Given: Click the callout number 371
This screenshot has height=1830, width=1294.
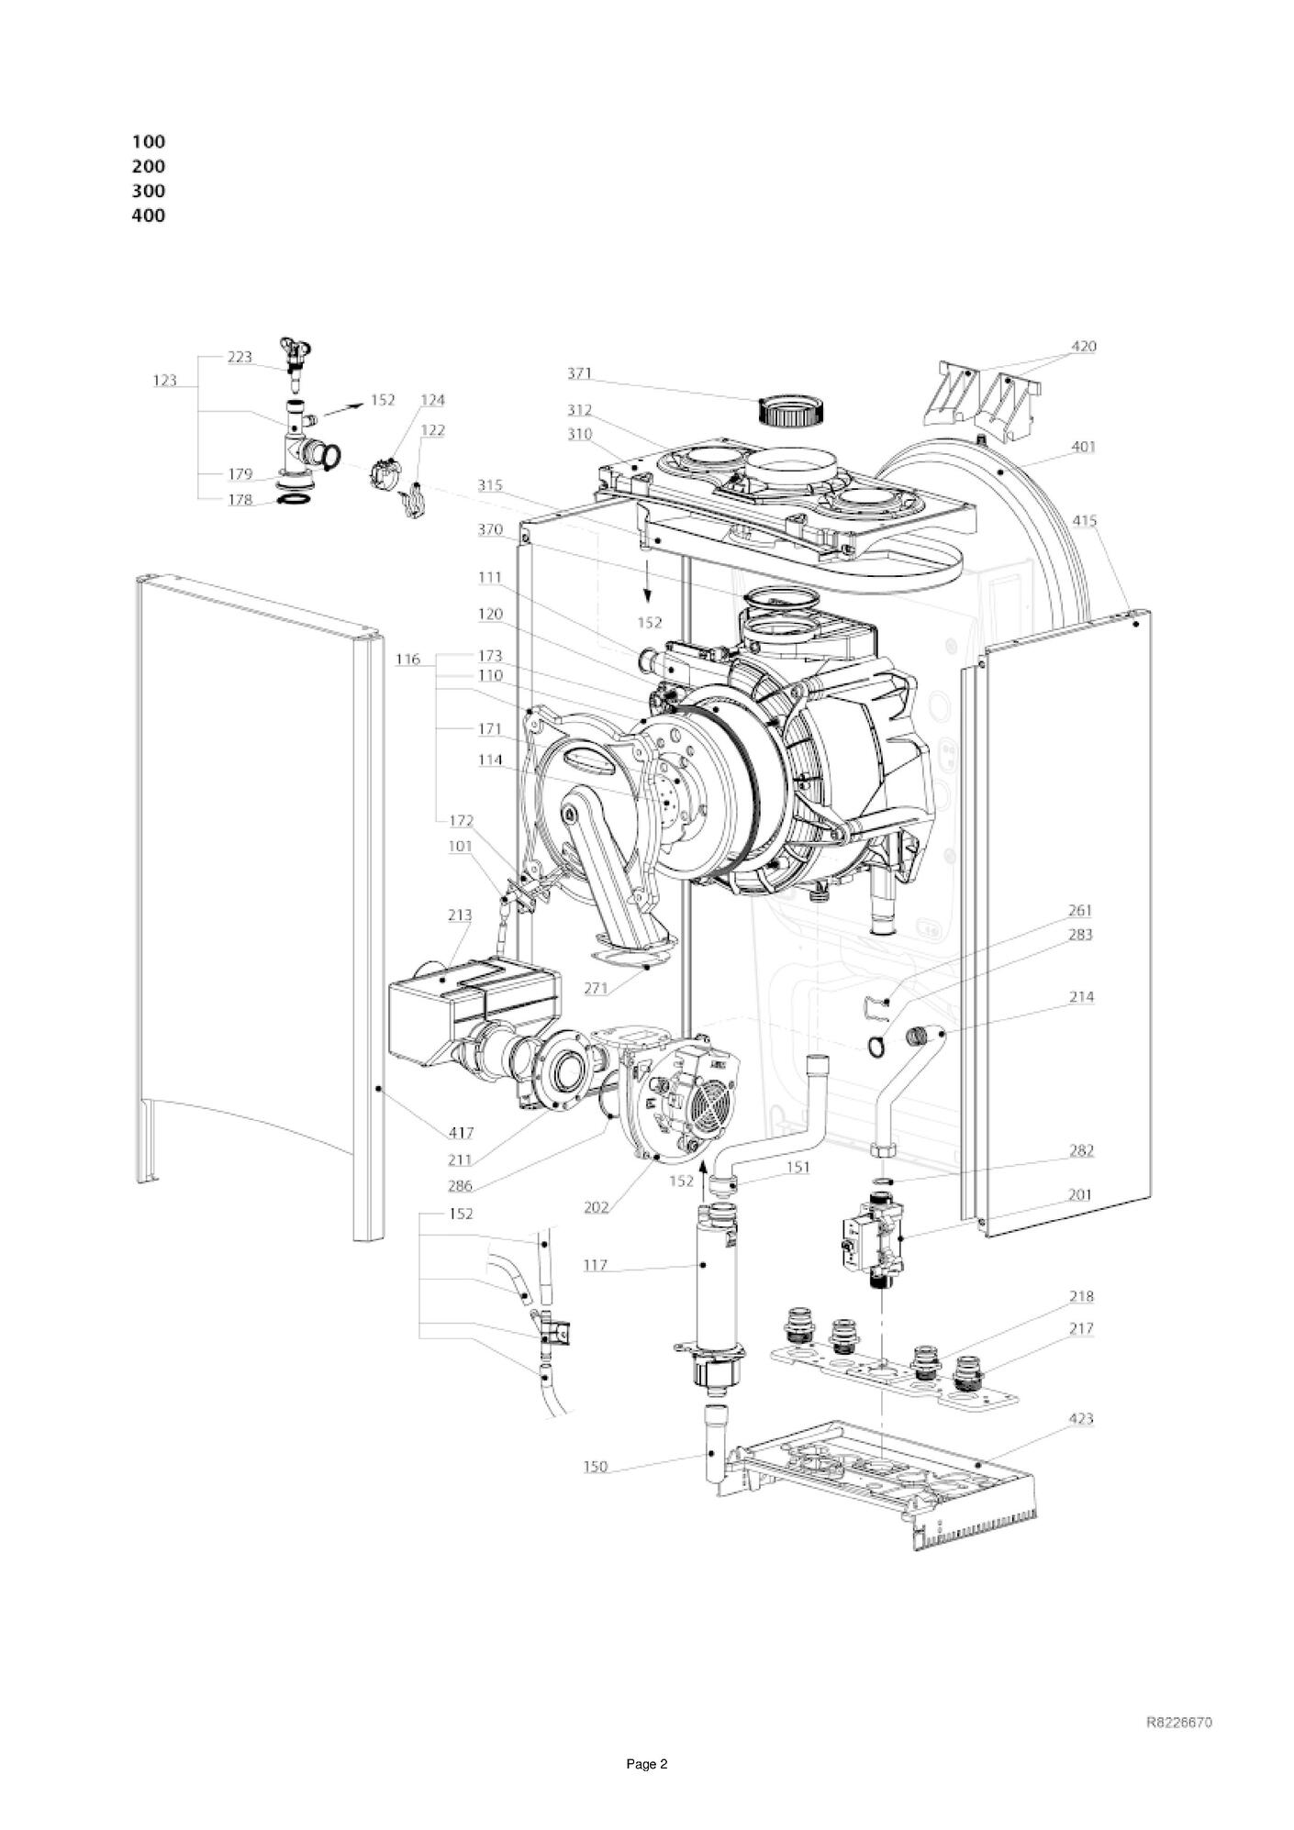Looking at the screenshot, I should click(579, 373).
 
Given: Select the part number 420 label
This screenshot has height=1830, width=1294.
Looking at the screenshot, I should click(1083, 347).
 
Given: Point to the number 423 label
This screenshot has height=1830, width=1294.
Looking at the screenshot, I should click(1080, 1418).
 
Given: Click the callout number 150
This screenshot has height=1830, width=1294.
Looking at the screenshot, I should click(596, 1467).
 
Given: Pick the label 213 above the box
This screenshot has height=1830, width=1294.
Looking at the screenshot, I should click(460, 915).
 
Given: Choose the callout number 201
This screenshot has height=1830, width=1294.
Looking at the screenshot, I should click(1080, 1195).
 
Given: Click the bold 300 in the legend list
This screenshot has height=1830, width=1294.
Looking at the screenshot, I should click(149, 191).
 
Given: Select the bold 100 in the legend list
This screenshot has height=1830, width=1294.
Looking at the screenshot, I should click(149, 141).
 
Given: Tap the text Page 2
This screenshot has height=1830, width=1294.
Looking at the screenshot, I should click(647, 1764).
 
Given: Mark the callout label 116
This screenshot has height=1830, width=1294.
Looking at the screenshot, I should click(408, 659).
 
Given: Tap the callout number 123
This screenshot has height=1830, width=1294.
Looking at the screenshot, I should click(165, 380).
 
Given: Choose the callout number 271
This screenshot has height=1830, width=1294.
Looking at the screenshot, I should click(597, 988).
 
